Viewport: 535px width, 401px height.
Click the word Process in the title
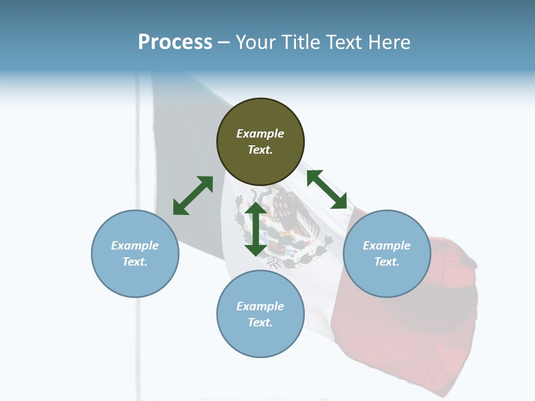175,42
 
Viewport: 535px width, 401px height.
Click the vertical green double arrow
256,229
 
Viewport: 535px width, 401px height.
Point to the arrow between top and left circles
193,195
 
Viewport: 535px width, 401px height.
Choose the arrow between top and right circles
327,189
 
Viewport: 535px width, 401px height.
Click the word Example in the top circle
260,134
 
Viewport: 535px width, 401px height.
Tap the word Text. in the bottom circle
260,322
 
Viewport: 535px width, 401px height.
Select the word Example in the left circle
135,246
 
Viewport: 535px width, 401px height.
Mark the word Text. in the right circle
387,262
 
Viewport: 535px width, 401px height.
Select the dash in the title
224,42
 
